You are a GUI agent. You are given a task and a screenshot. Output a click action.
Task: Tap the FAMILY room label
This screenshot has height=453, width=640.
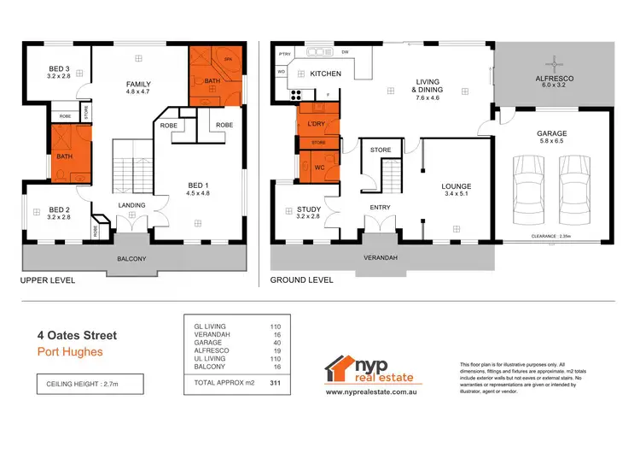click(x=138, y=84)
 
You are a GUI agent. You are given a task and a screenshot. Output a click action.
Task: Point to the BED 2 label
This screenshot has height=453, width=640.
click(x=59, y=209)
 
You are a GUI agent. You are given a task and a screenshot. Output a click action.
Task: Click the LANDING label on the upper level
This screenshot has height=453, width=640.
click(x=131, y=205)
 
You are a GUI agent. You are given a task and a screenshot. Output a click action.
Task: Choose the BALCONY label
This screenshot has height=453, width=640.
click(x=131, y=259)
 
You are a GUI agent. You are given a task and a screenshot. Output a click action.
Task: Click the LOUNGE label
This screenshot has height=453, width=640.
click(x=456, y=186)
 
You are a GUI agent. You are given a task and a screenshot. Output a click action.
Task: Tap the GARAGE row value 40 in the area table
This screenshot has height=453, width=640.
click(x=277, y=345)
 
